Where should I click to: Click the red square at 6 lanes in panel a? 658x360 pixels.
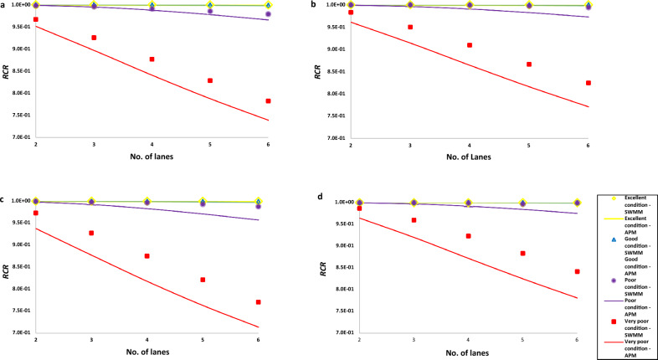point(268,100)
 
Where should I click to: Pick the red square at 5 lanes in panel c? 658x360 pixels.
point(203,280)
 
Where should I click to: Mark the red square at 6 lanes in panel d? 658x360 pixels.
point(578,271)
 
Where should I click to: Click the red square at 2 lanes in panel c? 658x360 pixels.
point(35,213)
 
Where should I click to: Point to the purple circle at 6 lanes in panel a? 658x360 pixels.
point(268,14)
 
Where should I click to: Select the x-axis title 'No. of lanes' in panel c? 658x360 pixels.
point(147,354)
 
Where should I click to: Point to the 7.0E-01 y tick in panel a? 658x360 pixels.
point(20,137)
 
